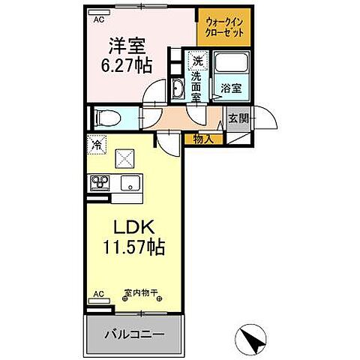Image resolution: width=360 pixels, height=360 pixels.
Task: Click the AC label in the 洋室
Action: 98,20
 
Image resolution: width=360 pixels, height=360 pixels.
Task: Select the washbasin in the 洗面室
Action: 178,91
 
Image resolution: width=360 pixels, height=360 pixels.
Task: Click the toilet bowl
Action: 106,116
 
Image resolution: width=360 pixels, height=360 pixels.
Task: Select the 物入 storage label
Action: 203,138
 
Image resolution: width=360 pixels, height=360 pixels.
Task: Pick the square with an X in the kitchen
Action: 124,158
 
